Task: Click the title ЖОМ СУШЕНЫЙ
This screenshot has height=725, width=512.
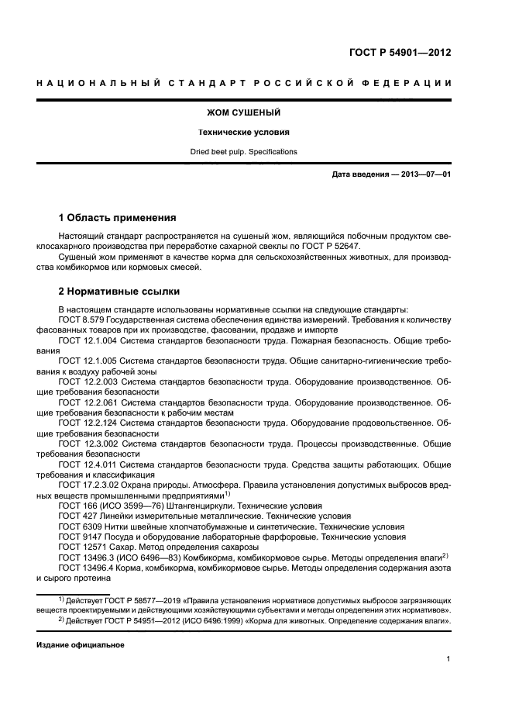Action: tap(255, 112)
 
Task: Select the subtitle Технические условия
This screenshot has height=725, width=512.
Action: tap(255, 132)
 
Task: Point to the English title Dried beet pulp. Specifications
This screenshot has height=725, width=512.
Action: tap(255, 152)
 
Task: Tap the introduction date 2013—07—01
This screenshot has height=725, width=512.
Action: tap(423, 174)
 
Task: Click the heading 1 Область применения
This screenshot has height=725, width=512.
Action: tap(118, 218)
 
